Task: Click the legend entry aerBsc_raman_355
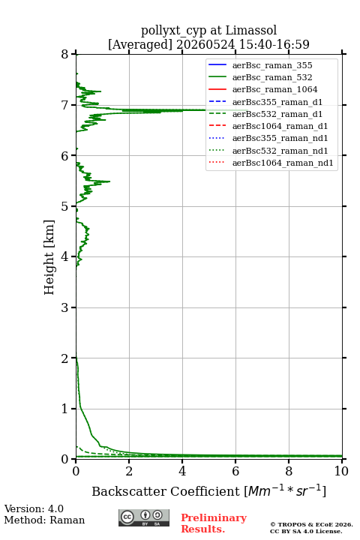click(272, 65)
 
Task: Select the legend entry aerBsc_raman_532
click(272, 77)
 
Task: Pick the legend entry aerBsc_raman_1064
click(275, 89)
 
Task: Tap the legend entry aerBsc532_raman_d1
click(277, 114)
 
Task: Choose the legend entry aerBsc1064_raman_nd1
click(283, 163)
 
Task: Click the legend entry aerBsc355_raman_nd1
click(280, 138)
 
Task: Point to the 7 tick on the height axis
click(73, 105)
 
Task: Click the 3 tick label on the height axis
click(65, 307)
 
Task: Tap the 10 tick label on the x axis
click(341, 471)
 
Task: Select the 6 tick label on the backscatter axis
click(235, 471)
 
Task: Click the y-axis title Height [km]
click(49, 257)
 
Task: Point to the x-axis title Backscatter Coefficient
click(165, 491)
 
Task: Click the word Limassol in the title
click(250, 30)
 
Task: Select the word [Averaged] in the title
click(140, 44)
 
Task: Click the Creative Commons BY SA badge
click(144, 517)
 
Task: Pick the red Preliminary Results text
click(214, 523)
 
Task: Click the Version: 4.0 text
click(34, 508)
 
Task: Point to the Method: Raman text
click(44, 520)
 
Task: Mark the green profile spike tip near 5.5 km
click(110, 181)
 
